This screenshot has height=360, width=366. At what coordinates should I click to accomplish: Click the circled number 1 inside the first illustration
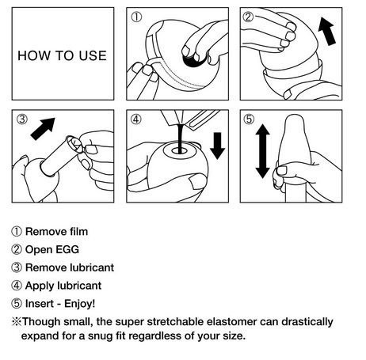point(136,17)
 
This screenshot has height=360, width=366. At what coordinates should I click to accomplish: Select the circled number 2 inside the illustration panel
point(248,17)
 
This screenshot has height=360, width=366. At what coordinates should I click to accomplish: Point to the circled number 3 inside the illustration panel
point(22,119)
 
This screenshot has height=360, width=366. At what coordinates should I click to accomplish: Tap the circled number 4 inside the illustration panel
point(136,119)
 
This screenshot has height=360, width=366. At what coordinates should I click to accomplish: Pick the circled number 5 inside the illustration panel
point(249,119)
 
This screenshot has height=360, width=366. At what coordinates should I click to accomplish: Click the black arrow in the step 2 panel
point(327,31)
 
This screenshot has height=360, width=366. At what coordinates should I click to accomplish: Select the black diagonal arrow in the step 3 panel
point(43,129)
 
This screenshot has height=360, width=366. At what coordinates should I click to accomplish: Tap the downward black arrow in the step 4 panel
point(217,146)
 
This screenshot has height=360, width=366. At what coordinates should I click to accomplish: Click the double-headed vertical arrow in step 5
point(262,151)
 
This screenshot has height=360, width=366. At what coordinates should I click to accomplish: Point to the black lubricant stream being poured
point(181,138)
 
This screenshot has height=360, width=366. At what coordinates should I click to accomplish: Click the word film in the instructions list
point(79,232)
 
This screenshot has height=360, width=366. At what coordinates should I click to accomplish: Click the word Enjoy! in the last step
point(80,304)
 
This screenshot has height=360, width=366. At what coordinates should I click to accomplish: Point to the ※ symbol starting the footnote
point(17,322)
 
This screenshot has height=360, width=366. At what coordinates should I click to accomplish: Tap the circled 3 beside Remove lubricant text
point(17,267)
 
